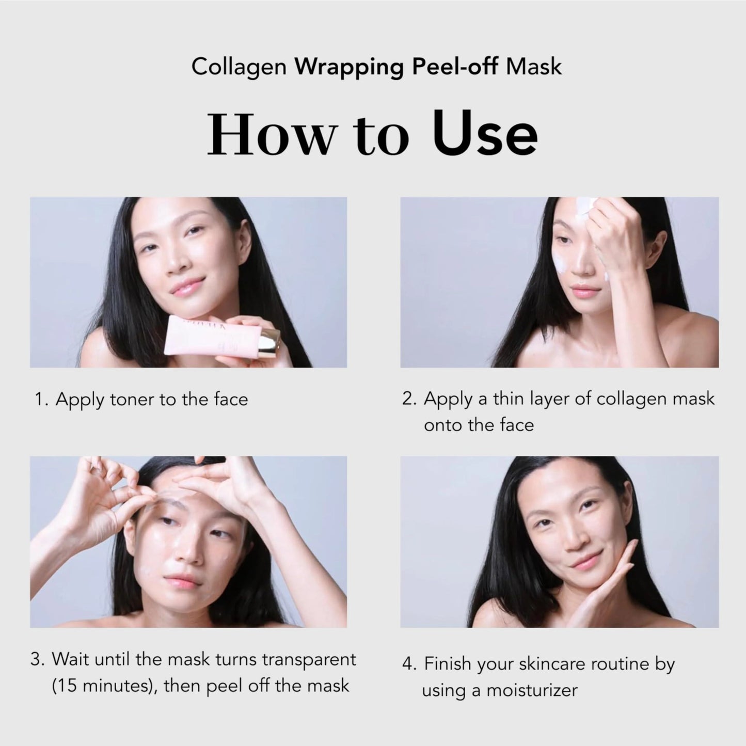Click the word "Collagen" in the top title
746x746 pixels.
click(239, 67)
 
